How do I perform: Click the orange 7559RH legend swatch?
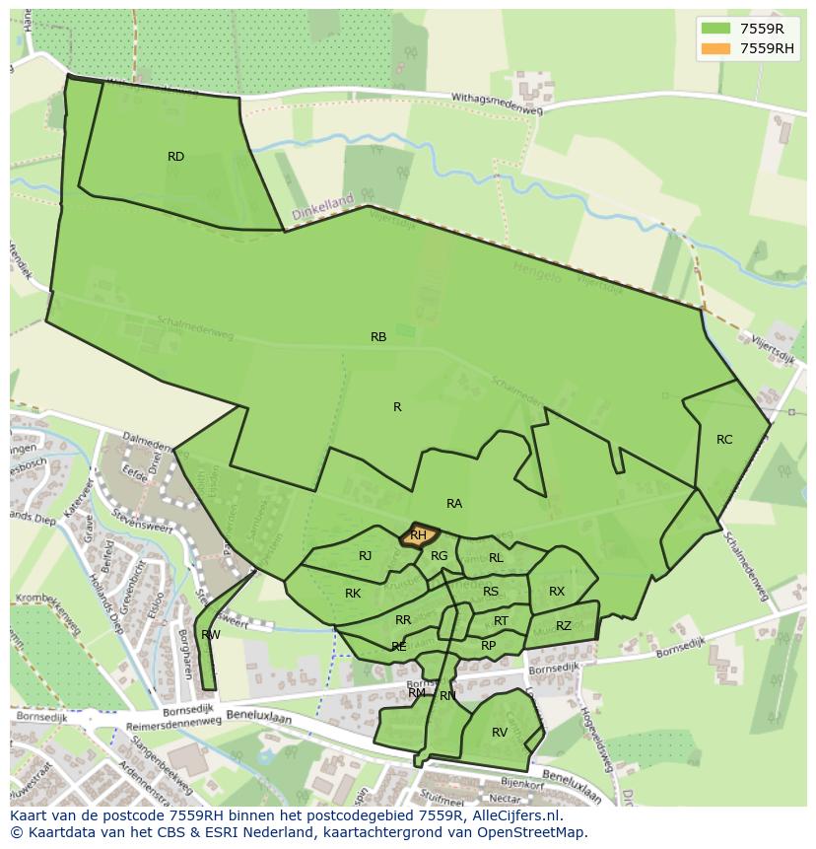click(717, 48)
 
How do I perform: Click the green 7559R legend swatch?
click(717, 30)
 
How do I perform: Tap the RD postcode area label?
click(175, 157)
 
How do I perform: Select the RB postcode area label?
click(378, 337)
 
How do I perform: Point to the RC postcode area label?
click(724, 440)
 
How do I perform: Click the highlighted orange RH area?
click(419, 535)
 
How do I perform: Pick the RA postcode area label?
click(454, 504)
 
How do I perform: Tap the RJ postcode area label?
click(366, 556)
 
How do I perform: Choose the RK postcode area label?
click(353, 594)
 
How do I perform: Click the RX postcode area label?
click(557, 592)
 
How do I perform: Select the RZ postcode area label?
click(564, 626)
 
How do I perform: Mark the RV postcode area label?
click(500, 733)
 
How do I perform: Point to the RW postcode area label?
click(210, 635)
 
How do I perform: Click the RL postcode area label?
click(496, 558)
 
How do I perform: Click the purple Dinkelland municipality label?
click(322, 207)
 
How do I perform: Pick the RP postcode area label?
click(489, 646)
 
